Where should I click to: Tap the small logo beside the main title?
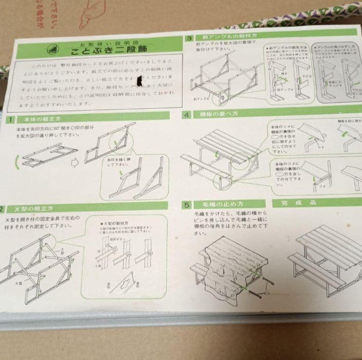point(52,49)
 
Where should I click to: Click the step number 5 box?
point(188,205)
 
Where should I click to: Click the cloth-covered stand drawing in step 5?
point(226,267)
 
